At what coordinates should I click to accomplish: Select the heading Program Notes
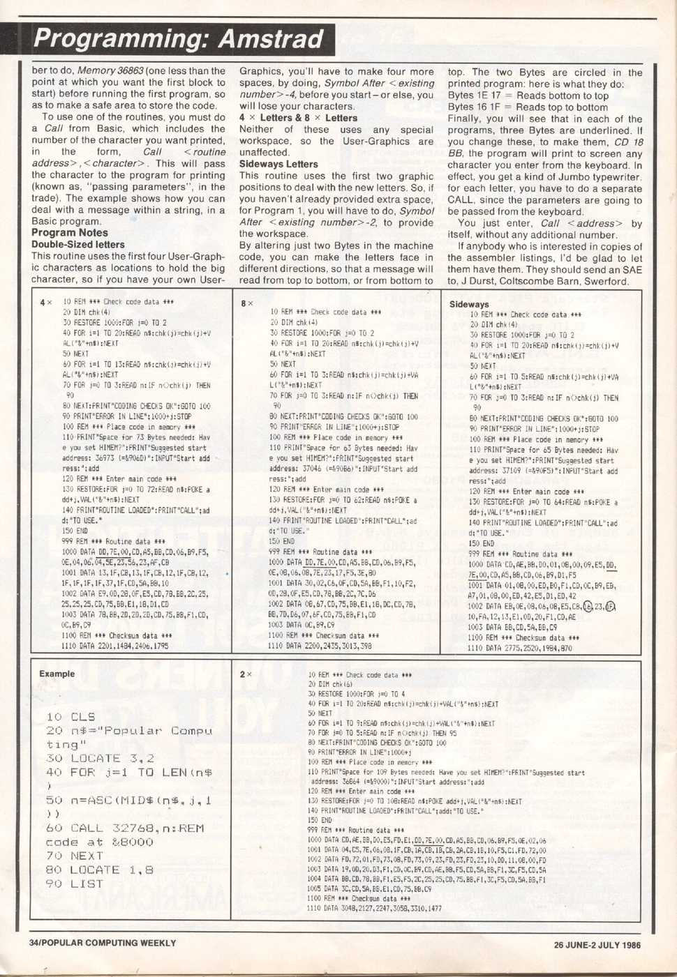[69, 233]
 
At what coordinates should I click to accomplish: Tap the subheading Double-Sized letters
[77, 245]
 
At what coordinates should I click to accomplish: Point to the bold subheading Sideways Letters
[278, 165]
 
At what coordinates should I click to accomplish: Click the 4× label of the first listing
[46, 303]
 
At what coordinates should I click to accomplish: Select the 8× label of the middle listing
[247, 303]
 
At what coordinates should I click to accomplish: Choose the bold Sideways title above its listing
[469, 305]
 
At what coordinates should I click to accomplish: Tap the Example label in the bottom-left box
[57, 674]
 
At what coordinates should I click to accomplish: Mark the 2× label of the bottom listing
[246, 674]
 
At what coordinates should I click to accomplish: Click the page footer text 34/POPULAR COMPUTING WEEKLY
[103, 943]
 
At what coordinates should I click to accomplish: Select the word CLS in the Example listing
[83, 717]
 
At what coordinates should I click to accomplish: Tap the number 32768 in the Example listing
[137, 828]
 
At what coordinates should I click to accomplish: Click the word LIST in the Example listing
[87, 884]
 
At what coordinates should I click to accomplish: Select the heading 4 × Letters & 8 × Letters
[298, 118]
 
